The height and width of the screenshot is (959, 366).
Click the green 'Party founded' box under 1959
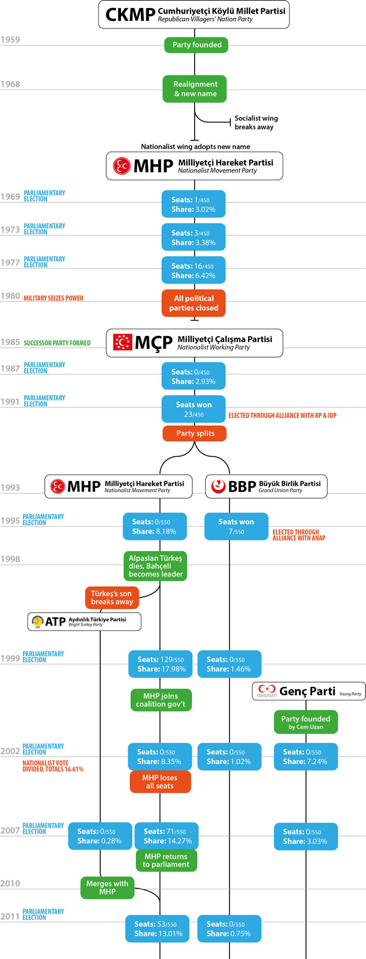(196, 45)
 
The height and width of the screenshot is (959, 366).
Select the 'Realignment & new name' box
(195, 89)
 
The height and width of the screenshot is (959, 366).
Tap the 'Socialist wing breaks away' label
(256, 122)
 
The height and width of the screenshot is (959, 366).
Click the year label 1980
(10, 296)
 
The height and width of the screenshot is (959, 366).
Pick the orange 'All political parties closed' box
(194, 303)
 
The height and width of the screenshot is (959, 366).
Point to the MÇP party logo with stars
(122, 342)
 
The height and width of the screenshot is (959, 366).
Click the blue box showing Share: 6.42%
(193, 270)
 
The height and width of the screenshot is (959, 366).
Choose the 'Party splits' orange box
(195, 433)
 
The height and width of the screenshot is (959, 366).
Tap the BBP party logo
(218, 486)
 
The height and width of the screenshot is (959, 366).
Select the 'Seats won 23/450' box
(194, 409)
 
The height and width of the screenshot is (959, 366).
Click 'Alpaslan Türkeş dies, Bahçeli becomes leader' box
(156, 566)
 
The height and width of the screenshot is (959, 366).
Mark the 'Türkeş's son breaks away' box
(111, 597)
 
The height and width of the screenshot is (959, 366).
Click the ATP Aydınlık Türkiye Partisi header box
(84, 622)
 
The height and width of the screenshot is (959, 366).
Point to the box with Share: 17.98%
(161, 664)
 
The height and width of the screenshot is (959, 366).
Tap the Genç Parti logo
(266, 691)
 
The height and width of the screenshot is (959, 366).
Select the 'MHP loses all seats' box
(160, 782)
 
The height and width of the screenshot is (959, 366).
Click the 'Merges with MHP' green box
(107, 887)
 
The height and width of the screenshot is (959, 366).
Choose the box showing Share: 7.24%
(306, 756)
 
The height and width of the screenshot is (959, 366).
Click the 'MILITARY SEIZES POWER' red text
(53, 298)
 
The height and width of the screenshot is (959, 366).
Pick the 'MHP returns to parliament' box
(166, 860)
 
